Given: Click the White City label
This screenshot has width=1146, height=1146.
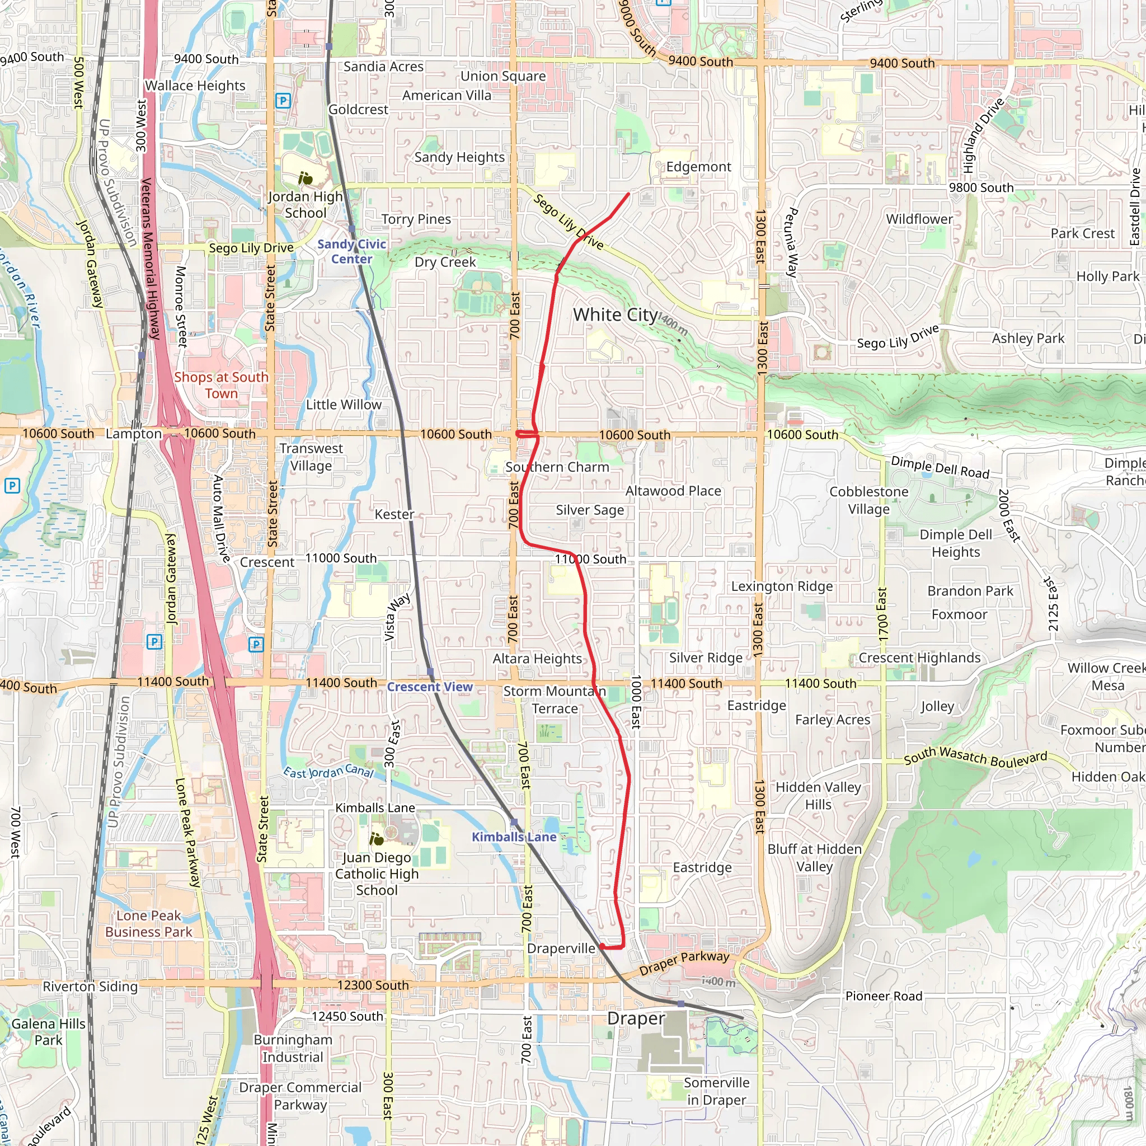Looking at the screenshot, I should point(615,315).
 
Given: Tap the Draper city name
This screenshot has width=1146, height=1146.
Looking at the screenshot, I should point(636,1018).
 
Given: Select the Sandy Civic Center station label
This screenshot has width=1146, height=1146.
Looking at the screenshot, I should point(352,251).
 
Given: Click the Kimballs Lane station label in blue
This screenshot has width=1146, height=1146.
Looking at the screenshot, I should point(514,837).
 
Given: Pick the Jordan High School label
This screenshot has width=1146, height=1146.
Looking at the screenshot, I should point(306,205).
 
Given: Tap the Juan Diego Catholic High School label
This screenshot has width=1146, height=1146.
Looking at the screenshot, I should point(377,873).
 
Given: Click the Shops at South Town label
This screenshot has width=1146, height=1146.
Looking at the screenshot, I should point(221,385).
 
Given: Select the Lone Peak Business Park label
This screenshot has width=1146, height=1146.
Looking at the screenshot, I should point(148,923).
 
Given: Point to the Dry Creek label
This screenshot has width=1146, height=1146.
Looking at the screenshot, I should point(445,262).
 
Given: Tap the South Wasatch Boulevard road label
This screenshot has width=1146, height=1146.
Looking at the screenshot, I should point(975,757).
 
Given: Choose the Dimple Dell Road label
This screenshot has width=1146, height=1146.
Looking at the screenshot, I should point(940,467).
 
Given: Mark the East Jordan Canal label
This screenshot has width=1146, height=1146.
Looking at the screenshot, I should point(328,772).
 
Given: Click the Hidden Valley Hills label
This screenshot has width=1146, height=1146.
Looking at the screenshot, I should point(818,796).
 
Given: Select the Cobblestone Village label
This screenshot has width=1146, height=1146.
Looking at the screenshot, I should point(868,500).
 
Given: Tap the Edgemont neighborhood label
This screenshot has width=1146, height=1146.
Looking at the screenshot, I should point(698,167).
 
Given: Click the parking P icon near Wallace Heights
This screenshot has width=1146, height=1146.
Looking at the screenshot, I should point(283,101).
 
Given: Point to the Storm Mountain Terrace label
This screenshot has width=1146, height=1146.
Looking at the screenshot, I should point(555,700).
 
